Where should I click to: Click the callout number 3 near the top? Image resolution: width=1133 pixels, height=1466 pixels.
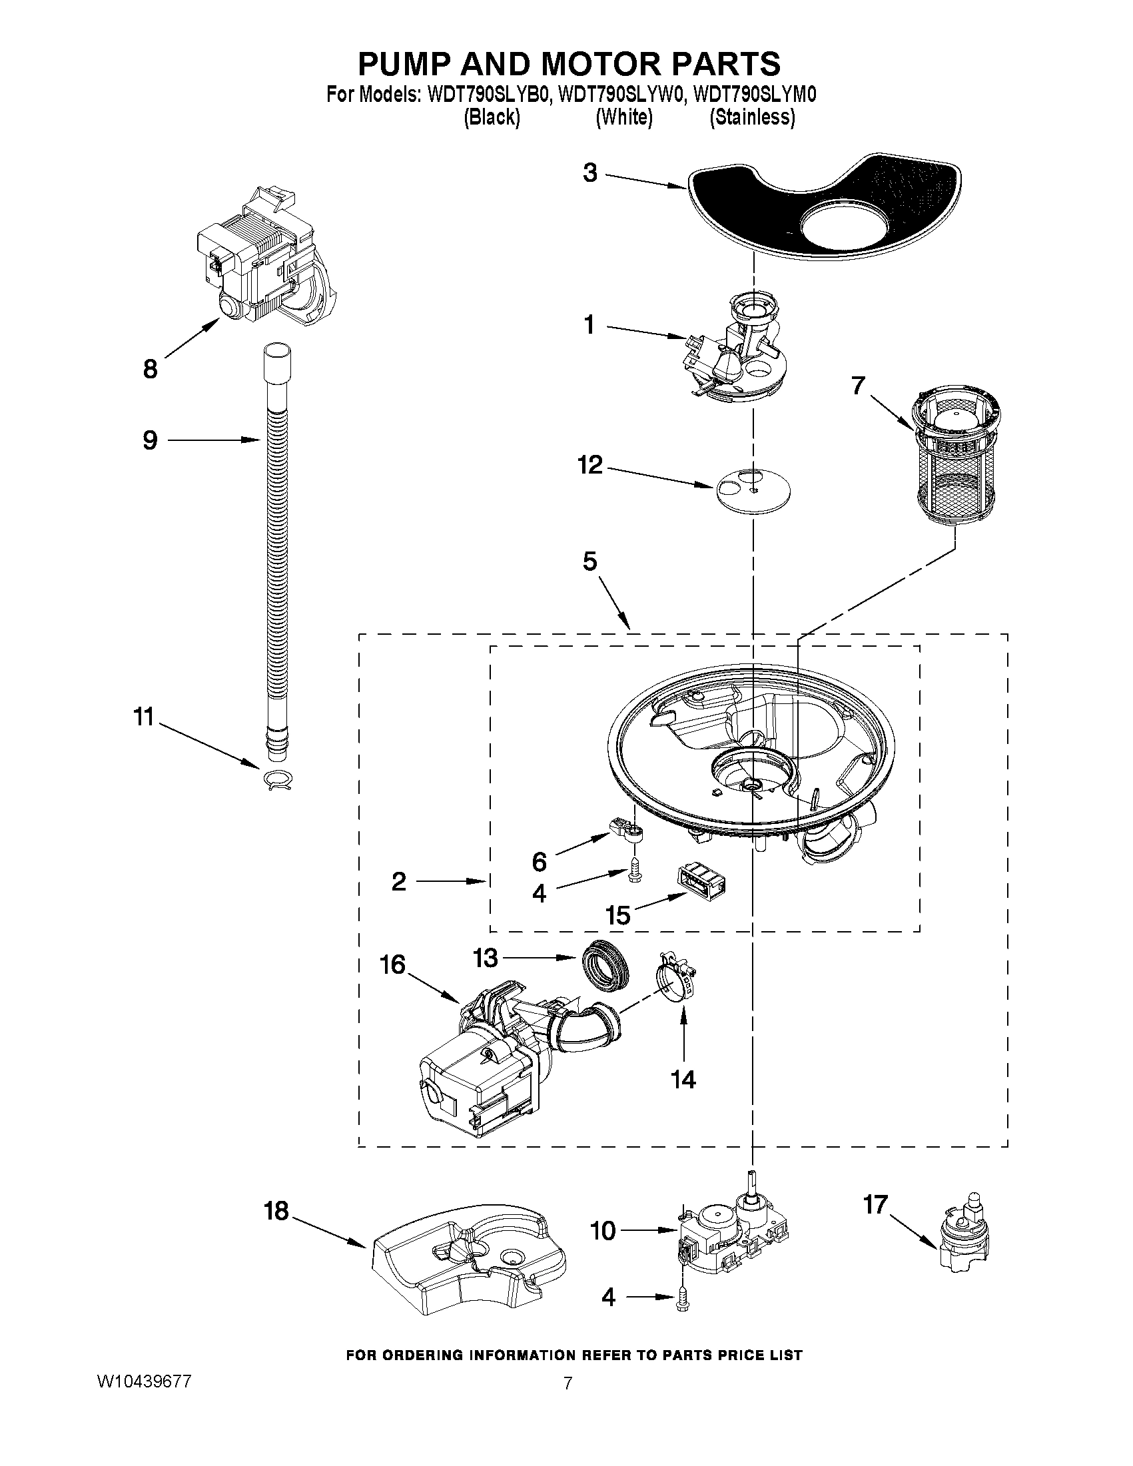(x=589, y=173)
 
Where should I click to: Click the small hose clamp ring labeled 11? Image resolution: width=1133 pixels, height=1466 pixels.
(x=278, y=781)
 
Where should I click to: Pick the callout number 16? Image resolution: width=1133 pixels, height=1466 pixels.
(x=393, y=964)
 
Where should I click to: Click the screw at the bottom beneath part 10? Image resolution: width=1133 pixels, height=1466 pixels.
(x=684, y=1299)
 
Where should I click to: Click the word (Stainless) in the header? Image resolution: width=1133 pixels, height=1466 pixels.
(x=753, y=117)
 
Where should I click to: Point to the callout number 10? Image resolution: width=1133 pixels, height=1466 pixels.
(x=603, y=1231)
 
